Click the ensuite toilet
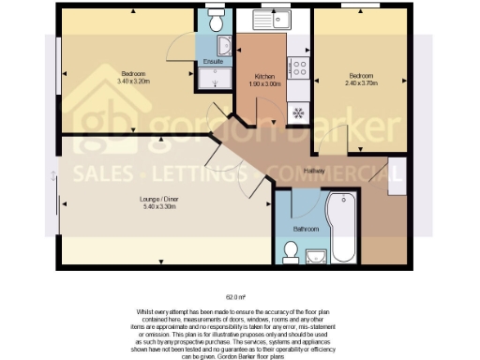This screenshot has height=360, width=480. click(214, 21)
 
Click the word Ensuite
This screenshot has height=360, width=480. click(214, 62)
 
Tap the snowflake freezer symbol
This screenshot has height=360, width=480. click(300, 113)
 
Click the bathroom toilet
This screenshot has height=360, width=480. click(292, 250)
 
